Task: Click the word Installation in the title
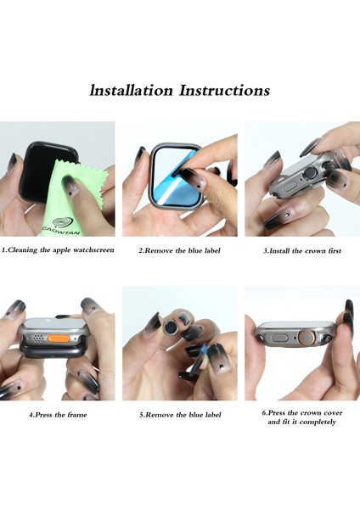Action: (x=131, y=90)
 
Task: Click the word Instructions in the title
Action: (x=224, y=90)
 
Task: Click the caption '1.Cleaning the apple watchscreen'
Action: (x=58, y=250)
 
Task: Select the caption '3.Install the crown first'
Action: (x=302, y=250)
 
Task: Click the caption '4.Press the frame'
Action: (x=58, y=415)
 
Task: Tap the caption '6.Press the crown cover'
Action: (x=302, y=413)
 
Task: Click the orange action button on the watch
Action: (x=58, y=338)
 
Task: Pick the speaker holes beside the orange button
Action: (x=38, y=338)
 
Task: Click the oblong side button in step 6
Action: (x=279, y=338)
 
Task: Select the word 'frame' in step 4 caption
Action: (x=77, y=415)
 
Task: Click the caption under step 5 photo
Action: (x=180, y=415)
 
